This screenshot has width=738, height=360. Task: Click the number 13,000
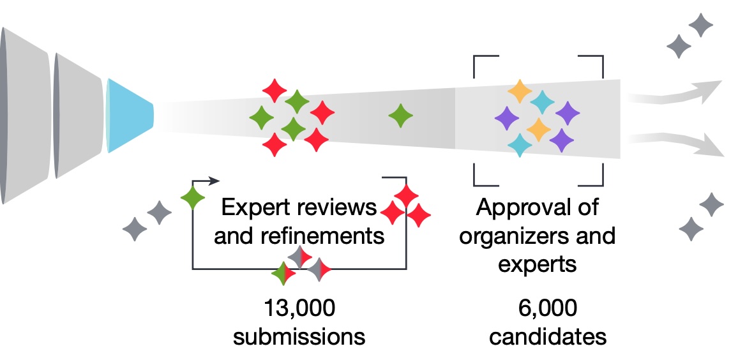click(x=299, y=309)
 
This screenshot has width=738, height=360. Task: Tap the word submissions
click(x=299, y=336)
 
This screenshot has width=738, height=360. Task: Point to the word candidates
click(x=546, y=336)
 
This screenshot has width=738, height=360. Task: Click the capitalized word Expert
click(x=252, y=208)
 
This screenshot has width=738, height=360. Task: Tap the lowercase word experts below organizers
click(x=537, y=264)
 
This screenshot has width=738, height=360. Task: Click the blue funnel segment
click(x=130, y=116)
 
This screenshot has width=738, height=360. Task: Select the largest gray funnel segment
click(x=26, y=116)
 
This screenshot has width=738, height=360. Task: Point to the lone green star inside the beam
click(x=401, y=116)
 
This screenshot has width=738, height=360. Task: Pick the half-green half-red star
click(x=283, y=274)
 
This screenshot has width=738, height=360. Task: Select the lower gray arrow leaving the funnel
click(x=677, y=142)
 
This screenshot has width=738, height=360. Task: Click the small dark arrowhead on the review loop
click(x=215, y=181)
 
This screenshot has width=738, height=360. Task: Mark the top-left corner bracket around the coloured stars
click(x=480, y=62)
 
